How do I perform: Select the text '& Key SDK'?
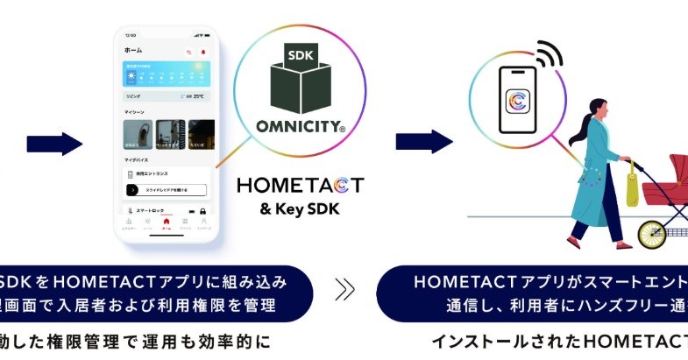[x=299, y=209]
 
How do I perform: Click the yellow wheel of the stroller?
[x=653, y=234]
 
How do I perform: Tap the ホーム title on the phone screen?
[x=133, y=51]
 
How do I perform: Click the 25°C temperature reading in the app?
[x=198, y=96]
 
